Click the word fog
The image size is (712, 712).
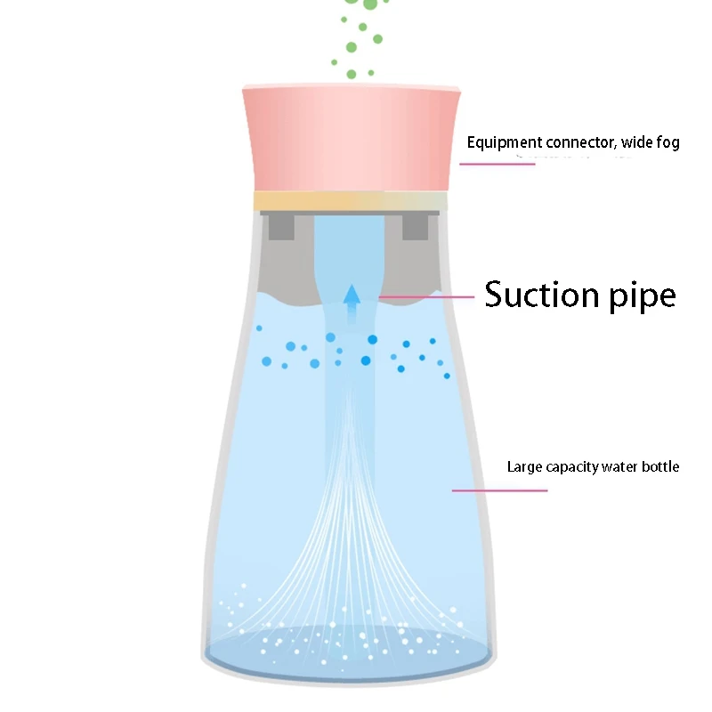[667, 142]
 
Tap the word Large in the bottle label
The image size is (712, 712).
[523, 466]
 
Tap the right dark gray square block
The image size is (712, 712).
[415, 226]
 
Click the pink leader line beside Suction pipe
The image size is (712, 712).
[427, 296]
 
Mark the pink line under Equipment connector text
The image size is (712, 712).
[498, 163]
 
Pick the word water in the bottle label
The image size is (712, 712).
[621, 466]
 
